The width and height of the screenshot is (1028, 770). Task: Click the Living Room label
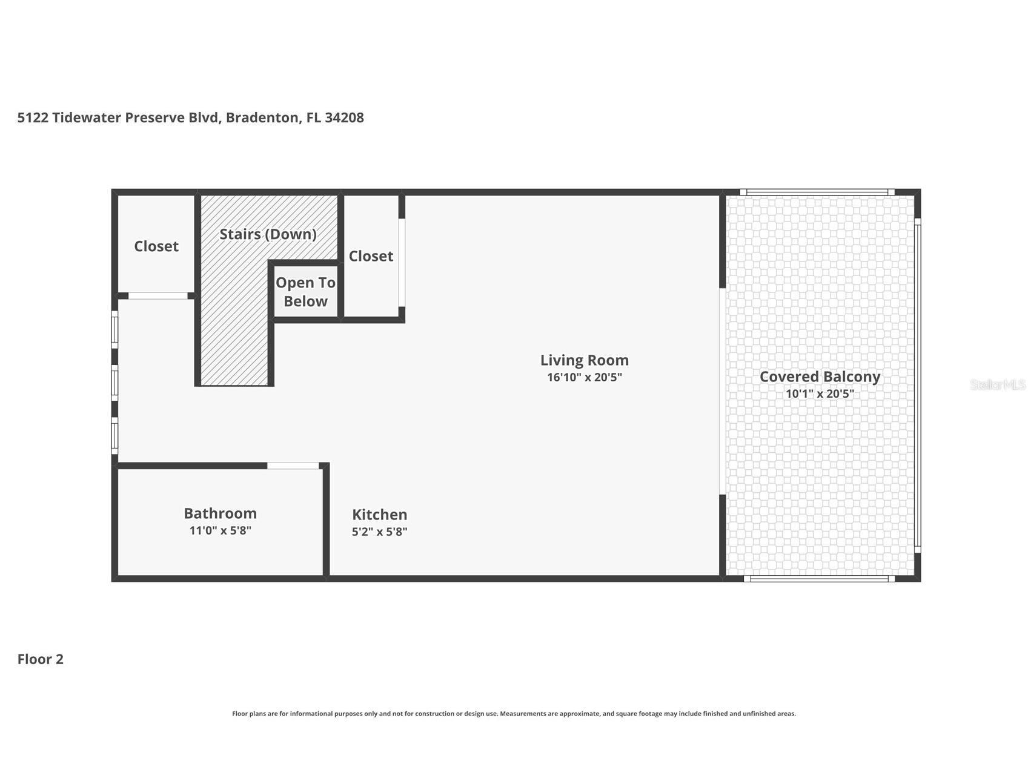tap(584, 360)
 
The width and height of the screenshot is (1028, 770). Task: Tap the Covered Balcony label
tap(820, 377)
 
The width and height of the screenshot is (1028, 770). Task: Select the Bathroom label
tap(220, 513)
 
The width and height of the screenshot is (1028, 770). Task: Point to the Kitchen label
tap(379, 515)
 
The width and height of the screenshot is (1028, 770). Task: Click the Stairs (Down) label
tap(268, 234)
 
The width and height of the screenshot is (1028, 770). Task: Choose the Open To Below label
tap(305, 292)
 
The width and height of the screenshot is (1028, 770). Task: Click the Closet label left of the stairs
tap(156, 246)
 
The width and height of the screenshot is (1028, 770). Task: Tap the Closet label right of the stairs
tap(371, 256)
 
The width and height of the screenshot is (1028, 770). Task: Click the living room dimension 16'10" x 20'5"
tap(584, 377)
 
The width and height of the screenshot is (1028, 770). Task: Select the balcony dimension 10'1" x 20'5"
tap(820, 393)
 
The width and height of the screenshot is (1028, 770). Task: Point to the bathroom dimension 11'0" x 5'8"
tap(220, 530)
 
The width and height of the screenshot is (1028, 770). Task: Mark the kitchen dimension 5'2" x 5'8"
tap(379, 531)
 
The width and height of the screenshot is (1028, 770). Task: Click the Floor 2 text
tap(40, 659)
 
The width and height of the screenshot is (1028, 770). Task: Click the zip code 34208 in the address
tap(344, 117)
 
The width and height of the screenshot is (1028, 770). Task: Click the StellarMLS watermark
tap(998, 385)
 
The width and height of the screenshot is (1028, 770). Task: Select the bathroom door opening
tap(293, 466)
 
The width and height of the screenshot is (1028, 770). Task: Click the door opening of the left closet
tap(158, 296)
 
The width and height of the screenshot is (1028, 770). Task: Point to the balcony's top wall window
tap(817, 192)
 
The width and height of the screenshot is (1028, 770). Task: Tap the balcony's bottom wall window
tap(819, 579)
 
